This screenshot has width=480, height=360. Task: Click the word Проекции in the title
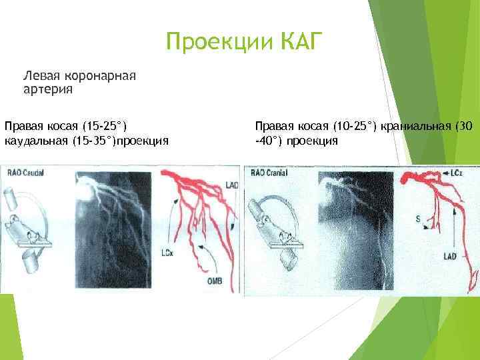tap(213, 43)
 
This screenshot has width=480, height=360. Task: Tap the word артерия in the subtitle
tap(47, 88)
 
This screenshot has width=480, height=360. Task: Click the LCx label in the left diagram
tap(168, 253)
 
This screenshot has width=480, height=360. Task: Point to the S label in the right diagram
tap(417, 218)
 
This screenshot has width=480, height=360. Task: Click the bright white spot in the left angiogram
tap(85, 188)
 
